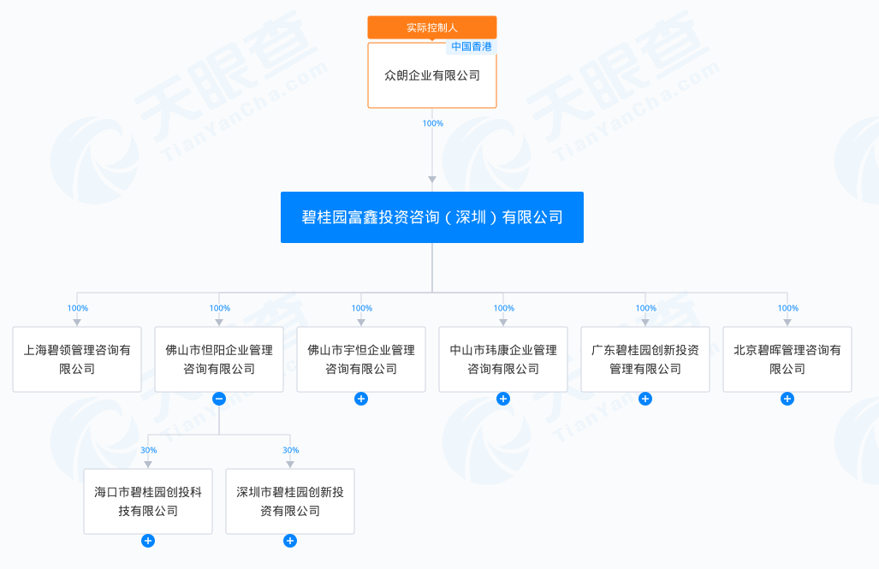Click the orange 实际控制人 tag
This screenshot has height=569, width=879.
click(x=432, y=27)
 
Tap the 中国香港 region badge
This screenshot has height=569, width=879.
click(x=472, y=47)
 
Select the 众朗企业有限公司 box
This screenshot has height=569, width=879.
click(x=432, y=77)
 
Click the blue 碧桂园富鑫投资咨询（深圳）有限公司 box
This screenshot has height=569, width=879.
click(x=432, y=217)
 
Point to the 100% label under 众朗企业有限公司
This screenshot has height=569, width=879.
click(x=433, y=123)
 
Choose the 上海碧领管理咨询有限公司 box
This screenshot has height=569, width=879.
click(x=77, y=359)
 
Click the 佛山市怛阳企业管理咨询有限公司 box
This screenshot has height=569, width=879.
click(x=219, y=359)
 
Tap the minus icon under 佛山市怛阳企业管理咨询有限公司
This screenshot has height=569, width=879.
click(x=219, y=399)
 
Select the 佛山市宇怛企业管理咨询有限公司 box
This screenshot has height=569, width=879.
click(x=361, y=359)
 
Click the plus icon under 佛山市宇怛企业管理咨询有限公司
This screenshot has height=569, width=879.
click(x=361, y=399)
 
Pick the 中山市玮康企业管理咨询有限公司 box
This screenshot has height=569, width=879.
click(x=503, y=359)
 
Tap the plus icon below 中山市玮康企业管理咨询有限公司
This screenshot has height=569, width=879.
click(x=503, y=399)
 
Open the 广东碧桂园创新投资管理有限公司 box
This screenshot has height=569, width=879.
click(x=645, y=359)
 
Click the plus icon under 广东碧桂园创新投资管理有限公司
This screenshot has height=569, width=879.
click(x=645, y=399)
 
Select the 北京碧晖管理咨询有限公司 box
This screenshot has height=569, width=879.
click(x=787, y=359)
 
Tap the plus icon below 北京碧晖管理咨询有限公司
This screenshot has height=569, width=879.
click(x=787, y=399)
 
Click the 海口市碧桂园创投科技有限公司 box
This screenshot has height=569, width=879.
click(x=148, y=501)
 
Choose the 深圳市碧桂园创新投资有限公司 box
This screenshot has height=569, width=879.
click(x=290, y=501)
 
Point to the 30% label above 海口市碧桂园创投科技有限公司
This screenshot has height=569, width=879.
click(x=148, y=450)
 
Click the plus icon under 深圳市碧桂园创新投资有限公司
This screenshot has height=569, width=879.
click(x=290, y=541)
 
